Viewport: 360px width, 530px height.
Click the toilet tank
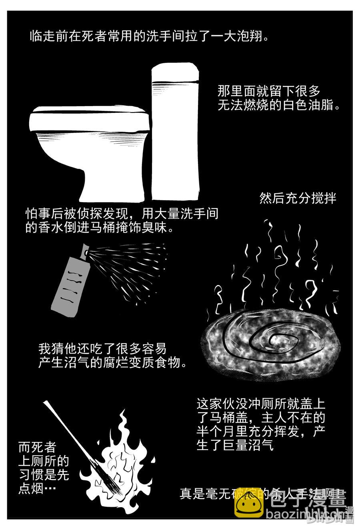tap(175, 132)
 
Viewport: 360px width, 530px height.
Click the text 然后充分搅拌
tap(298, 198)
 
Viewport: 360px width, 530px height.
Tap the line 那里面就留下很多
tap(269, 91)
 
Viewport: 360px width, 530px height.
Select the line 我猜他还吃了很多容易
tap(102, 348)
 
